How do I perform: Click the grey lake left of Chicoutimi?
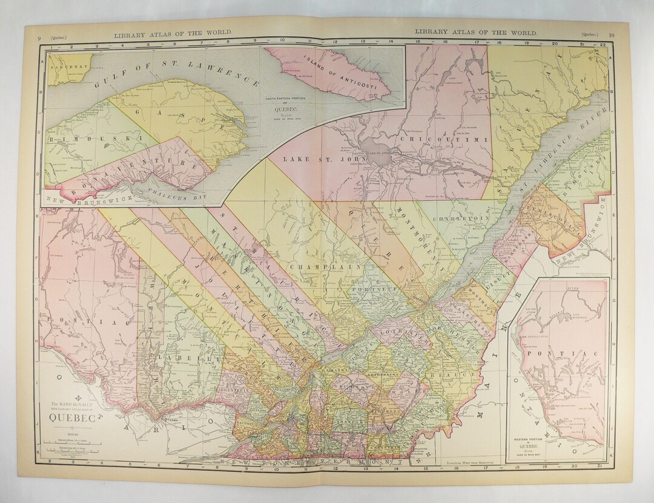click(x=375, y=148)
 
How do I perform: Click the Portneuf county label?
click(x=368, y=290)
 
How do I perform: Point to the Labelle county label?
click(x=176, y=358)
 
